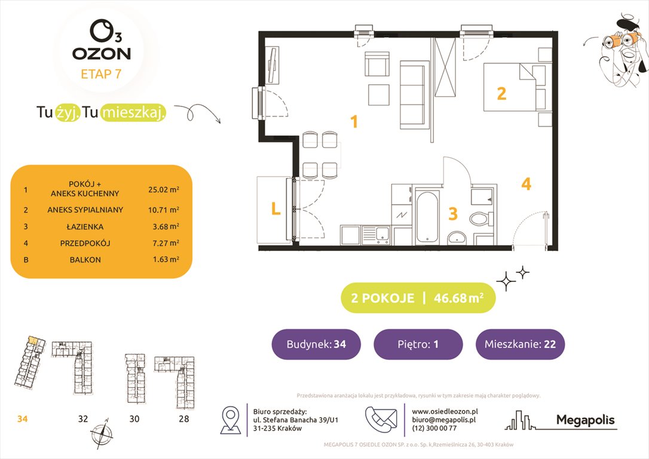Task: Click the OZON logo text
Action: (102, 53)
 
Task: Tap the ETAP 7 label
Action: (102, 74)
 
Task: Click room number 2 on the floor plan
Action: (501, 93)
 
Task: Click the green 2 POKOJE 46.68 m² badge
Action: (418, 298)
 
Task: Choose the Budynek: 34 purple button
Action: (316, 344)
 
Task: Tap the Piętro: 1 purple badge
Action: (418, 344)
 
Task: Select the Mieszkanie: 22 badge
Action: (519, 344)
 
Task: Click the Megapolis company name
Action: (585, 420)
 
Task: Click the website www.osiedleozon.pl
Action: (445, 411)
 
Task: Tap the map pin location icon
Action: (231, 420)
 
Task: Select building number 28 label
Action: (183, 419)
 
